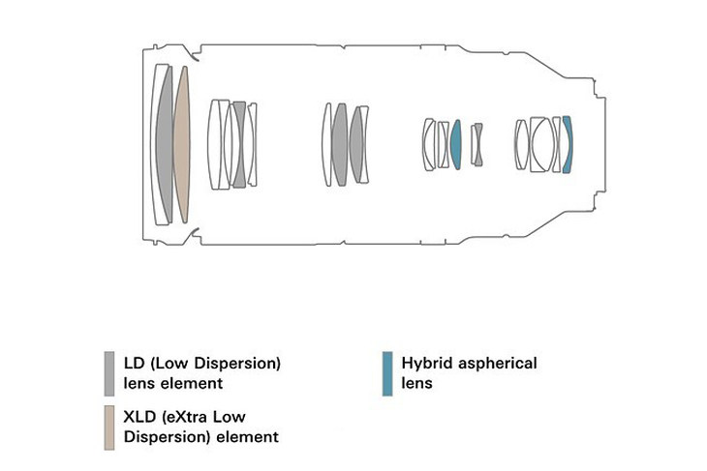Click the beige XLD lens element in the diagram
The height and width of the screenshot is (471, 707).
click(x=182, y=144)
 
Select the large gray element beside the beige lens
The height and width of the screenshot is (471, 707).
click(x=166, y=144)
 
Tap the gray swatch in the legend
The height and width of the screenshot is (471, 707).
click(x=110, y=373)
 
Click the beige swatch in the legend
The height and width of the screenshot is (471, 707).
click(x=110, y=426)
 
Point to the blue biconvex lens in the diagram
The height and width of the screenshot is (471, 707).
click(x=455, y=144)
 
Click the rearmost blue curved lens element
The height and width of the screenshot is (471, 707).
click(x=569, y=144)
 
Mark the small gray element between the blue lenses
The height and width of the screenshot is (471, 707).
click(x=476, y=145)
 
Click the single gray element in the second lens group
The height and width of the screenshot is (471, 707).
click(x=239, y=144)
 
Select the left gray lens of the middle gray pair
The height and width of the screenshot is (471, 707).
click(x=339, y=144)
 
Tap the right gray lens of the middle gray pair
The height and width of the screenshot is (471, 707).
click(x=357, y=144)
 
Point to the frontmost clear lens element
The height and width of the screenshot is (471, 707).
click(x=157, y=144)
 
